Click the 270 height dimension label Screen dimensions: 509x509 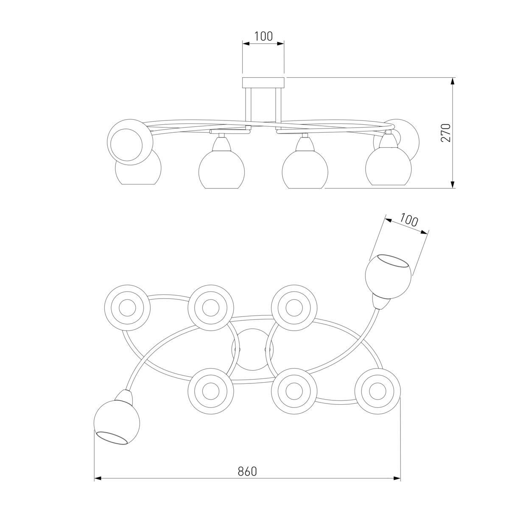point(446,133)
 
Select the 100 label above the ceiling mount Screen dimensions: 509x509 point(263,36)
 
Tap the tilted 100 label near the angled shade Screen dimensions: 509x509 point(408,220)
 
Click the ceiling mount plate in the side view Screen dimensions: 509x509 point(263,82)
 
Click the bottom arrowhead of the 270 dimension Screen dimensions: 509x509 point(453,185)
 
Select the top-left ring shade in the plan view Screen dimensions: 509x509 point(128,308)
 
